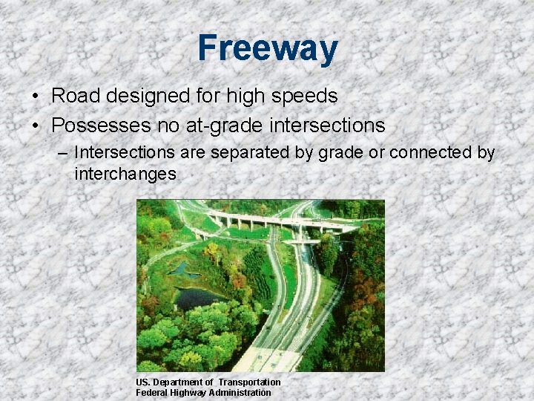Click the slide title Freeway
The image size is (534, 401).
point(268,48)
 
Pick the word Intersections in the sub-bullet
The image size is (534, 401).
point(121,153)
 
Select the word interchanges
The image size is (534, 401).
point(125,175)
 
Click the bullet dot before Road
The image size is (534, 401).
point(36,97)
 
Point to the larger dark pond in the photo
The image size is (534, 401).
point(194,298)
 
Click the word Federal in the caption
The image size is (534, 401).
point(153,392)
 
